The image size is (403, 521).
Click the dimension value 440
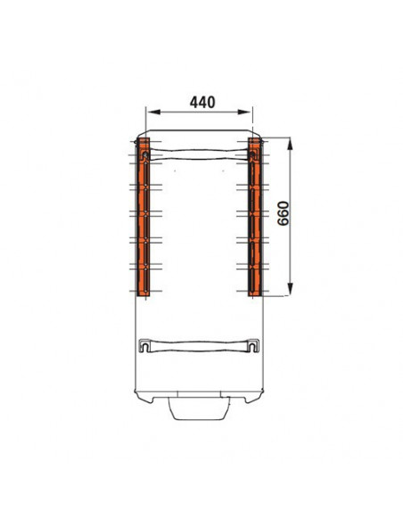[202, 103]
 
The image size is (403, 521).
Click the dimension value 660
[284, 213]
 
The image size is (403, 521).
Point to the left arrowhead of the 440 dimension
[153, 112]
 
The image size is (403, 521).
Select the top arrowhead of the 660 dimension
[290, 145]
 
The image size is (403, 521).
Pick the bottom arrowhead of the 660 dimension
[290, 288]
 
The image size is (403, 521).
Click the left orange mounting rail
[144, 217]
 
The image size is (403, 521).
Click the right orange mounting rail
[255, 217]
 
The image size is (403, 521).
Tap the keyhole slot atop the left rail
[145, 155]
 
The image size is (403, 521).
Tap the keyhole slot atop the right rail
[253, 155]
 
